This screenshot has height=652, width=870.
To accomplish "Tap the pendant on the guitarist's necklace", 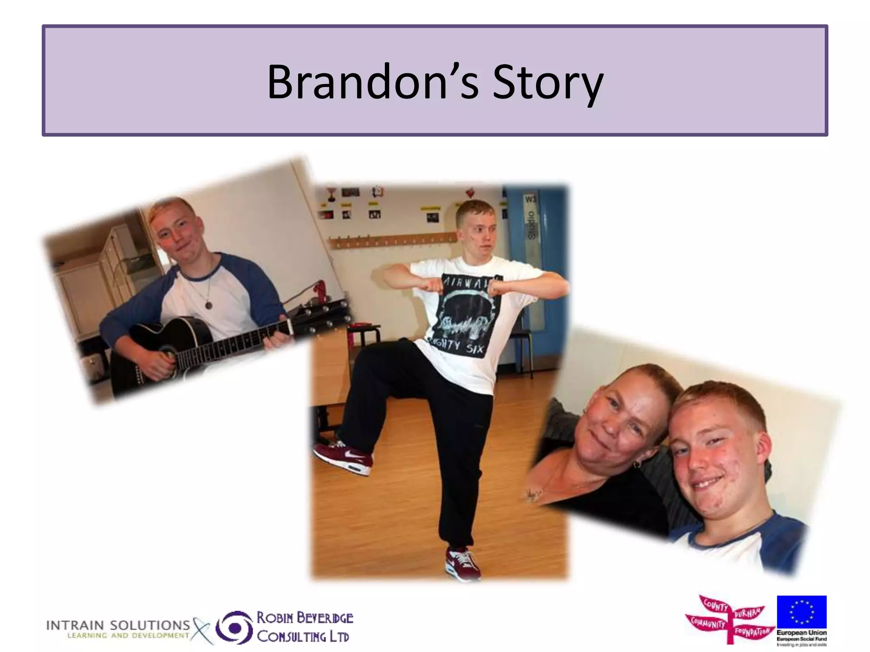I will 208,304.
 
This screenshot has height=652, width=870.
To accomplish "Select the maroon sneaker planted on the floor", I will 463,562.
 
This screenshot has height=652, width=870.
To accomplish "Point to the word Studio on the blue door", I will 531,225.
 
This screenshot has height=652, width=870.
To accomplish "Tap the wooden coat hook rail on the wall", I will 391,241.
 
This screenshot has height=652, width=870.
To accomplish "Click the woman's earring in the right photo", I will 637,464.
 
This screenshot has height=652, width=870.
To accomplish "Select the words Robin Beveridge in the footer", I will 305,618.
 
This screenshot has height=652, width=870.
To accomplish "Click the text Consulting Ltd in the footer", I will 303,637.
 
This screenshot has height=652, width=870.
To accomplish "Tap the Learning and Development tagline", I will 128,635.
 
